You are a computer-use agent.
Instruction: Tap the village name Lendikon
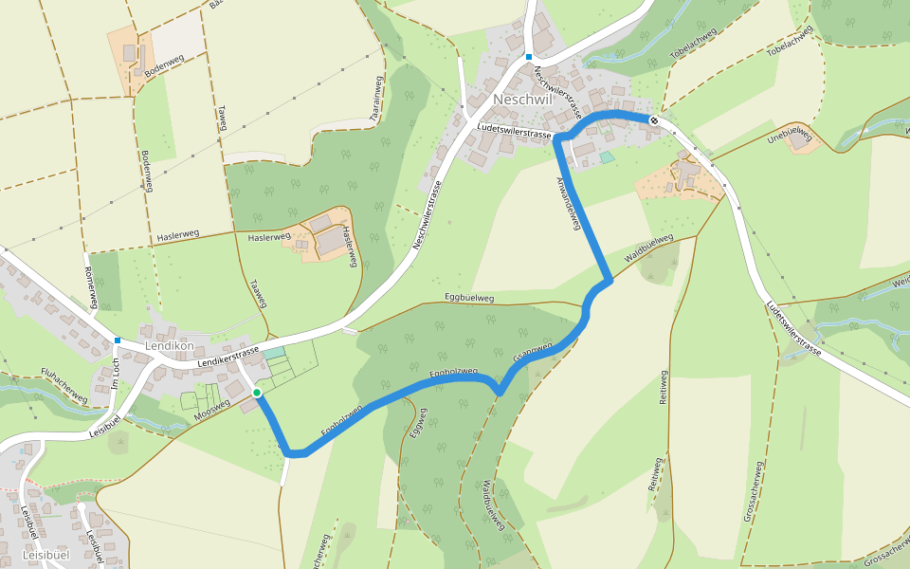pos(170,346)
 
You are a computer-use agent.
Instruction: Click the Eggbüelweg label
pos(469,299)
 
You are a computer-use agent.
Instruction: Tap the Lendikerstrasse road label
pos(228,357)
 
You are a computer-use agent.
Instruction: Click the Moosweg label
pos(211,411)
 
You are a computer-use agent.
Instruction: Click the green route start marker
pos(257,392)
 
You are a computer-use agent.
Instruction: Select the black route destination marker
pos(654,119)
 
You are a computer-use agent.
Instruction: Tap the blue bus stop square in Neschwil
pos(529,57)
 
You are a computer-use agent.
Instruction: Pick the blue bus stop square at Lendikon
pos(118,340)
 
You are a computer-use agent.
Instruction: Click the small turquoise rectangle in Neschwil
pos(607,156)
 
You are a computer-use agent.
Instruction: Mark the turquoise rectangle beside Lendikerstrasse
pos(273,353)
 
